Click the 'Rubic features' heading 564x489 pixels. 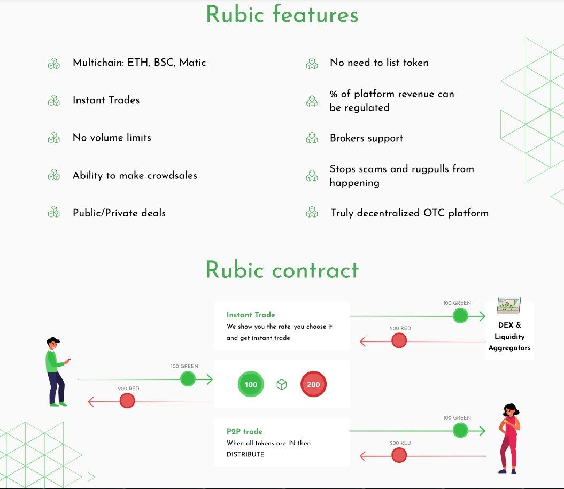[282, 14]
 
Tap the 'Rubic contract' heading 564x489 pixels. [282, 270]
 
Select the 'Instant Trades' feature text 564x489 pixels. [106, 100]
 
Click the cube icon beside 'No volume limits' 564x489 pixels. [53, 138]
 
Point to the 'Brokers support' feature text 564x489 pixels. [366, 138]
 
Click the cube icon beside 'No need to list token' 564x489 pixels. [312, 63]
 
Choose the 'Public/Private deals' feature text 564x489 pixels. [119, 213]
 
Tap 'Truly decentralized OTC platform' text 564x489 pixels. [410, 213]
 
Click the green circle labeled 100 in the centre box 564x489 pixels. [251, 384]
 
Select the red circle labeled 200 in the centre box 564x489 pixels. [313, 384]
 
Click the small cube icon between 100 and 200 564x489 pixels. [282, 384]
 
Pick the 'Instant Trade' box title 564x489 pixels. [251, 315]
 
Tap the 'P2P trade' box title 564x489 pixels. [244, 431]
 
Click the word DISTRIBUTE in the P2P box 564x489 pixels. [245, 454]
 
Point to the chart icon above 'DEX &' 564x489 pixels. [508, 305]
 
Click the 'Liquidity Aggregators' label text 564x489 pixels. [509, 342]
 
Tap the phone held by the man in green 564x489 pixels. [68, 361]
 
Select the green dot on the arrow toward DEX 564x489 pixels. [460, 316]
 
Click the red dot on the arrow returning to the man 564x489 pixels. [127, 400]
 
